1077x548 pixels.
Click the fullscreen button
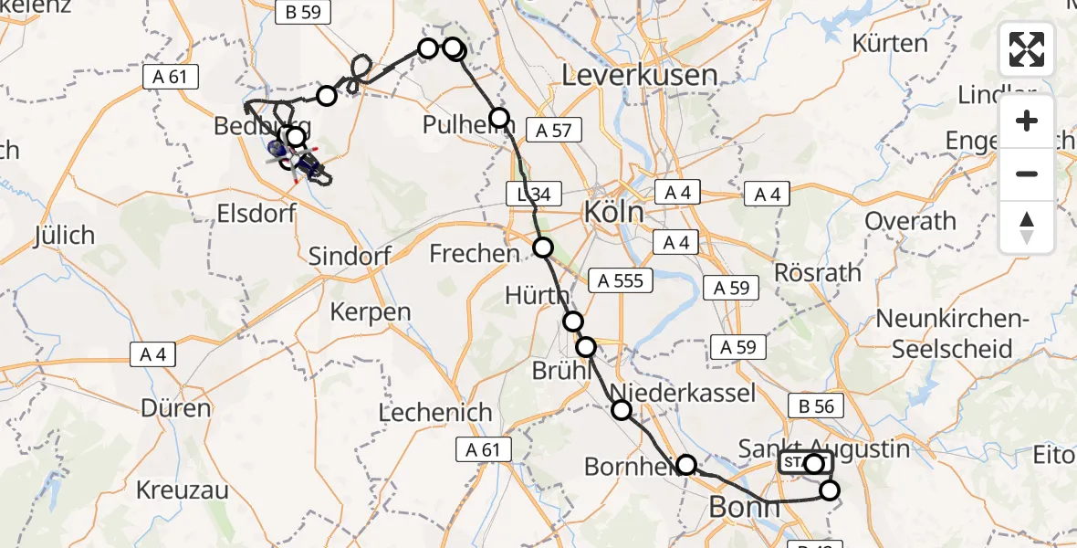point(1027,49)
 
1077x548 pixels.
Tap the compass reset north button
point(1027,227)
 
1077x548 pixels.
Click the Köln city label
point(613,214)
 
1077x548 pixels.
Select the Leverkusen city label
point(640,75)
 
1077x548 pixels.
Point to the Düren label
point(177,408)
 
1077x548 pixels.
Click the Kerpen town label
point(371,311)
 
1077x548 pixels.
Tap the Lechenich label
point(435,412)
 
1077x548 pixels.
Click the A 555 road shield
point(621,281)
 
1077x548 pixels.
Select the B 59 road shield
point(303,12)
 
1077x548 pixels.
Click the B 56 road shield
point(816,406)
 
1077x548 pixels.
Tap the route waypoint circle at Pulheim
point(499,117)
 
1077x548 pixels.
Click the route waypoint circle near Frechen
point(543,247)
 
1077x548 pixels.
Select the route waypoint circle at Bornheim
point(686,464)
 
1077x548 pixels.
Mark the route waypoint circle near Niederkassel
point(622,410)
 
